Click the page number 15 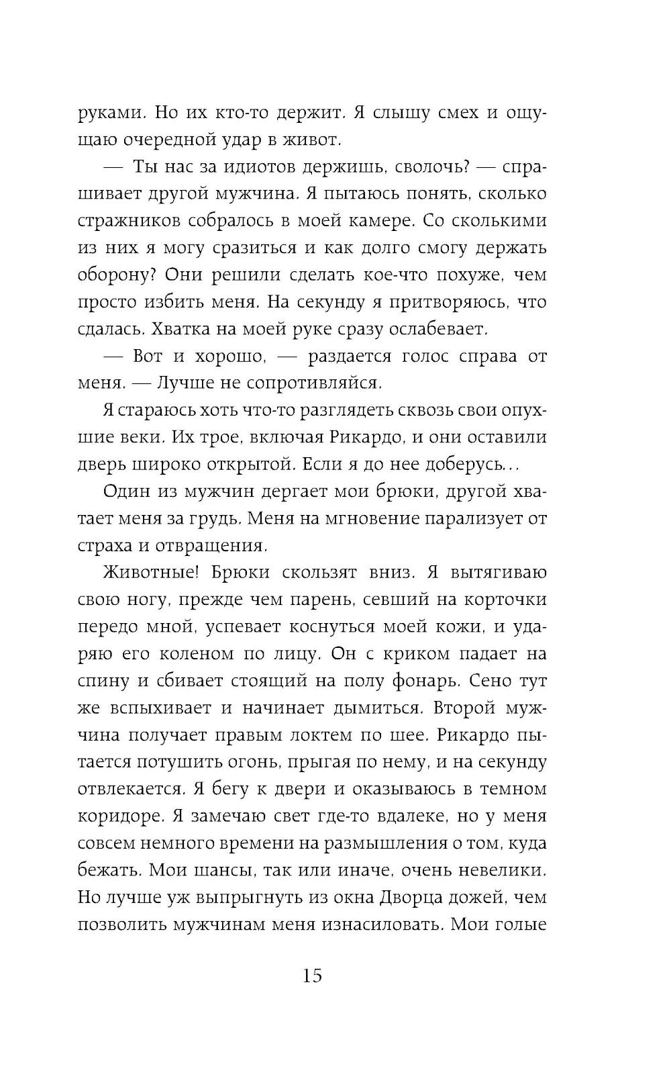(x=312, y=976)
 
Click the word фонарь (x=426, y=681)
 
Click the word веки (x=160, y=437)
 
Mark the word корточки (x=503, y=600)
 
